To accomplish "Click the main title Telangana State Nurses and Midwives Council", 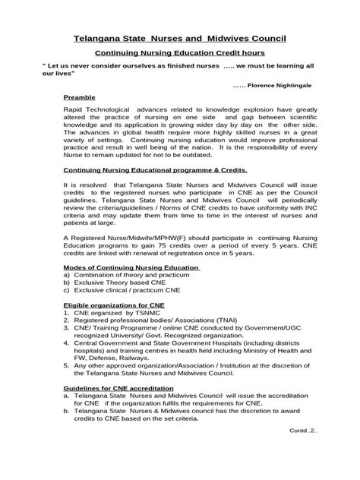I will (x=179, y=37).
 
